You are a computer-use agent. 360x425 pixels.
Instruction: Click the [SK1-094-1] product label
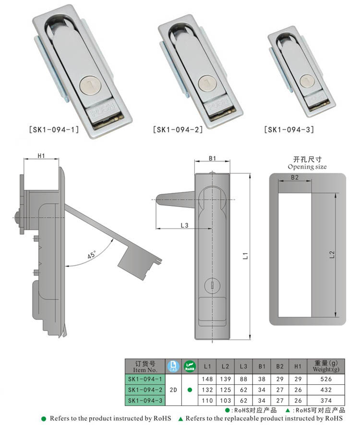[x=54, y=129]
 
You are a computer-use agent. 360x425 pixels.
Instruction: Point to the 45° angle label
[x=92, y=255]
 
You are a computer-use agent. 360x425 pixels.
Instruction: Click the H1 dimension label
[x=41, y=155]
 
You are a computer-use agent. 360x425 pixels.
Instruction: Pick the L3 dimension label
[x=184, y=224]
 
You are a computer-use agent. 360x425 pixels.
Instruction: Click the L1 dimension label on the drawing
[x=245, y=256]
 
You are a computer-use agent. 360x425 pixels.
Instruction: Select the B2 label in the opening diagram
[x=295, y=177]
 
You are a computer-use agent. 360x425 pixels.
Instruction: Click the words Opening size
[x=307, y=167]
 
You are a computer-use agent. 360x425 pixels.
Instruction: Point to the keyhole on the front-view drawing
[x=212, y=286]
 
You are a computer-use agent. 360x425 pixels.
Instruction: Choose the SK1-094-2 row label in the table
[x=145, y=390]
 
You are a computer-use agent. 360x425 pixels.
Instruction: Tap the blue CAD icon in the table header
[x=173, y=366]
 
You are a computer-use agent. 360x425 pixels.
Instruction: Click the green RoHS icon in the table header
[x=190, y=366]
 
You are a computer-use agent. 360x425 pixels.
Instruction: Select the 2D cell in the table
[x=173, y=390]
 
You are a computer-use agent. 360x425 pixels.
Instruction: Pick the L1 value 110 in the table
[x=207, y=400]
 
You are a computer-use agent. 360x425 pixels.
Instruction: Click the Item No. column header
[x=145, y=369]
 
